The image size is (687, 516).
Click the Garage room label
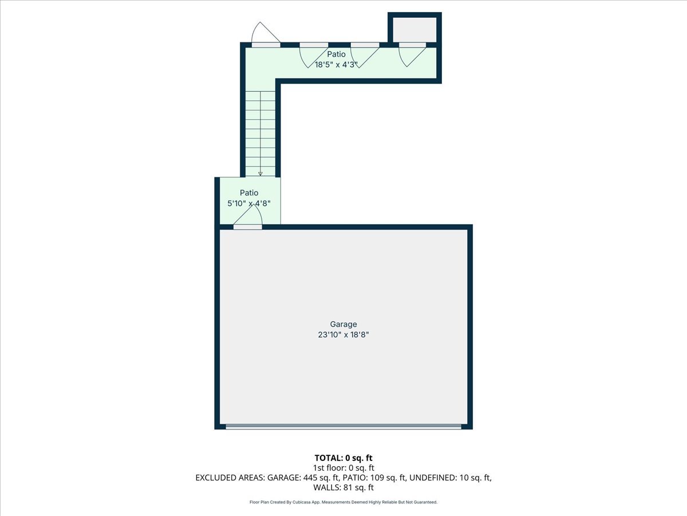pos(343,325)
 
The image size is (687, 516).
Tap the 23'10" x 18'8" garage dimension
pos(343,335)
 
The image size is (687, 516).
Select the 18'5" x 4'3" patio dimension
pos(336,65)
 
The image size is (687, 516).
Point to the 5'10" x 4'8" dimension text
pos(248,203)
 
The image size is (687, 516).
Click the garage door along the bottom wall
pos(343,427)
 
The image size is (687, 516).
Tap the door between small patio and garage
pos(248,226)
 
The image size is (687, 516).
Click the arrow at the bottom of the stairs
pos(260,173)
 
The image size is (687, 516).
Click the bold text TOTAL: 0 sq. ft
pos(343,458)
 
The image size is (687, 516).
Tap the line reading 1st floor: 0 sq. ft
pos(343,467)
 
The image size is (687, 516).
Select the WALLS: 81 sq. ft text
pos(343,488)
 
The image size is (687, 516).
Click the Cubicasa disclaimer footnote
pos(343,502)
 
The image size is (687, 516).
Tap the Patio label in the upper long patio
pos(336,54)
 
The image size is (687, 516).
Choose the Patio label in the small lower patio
pos(249,193)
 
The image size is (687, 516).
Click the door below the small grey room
pos(413,45)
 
